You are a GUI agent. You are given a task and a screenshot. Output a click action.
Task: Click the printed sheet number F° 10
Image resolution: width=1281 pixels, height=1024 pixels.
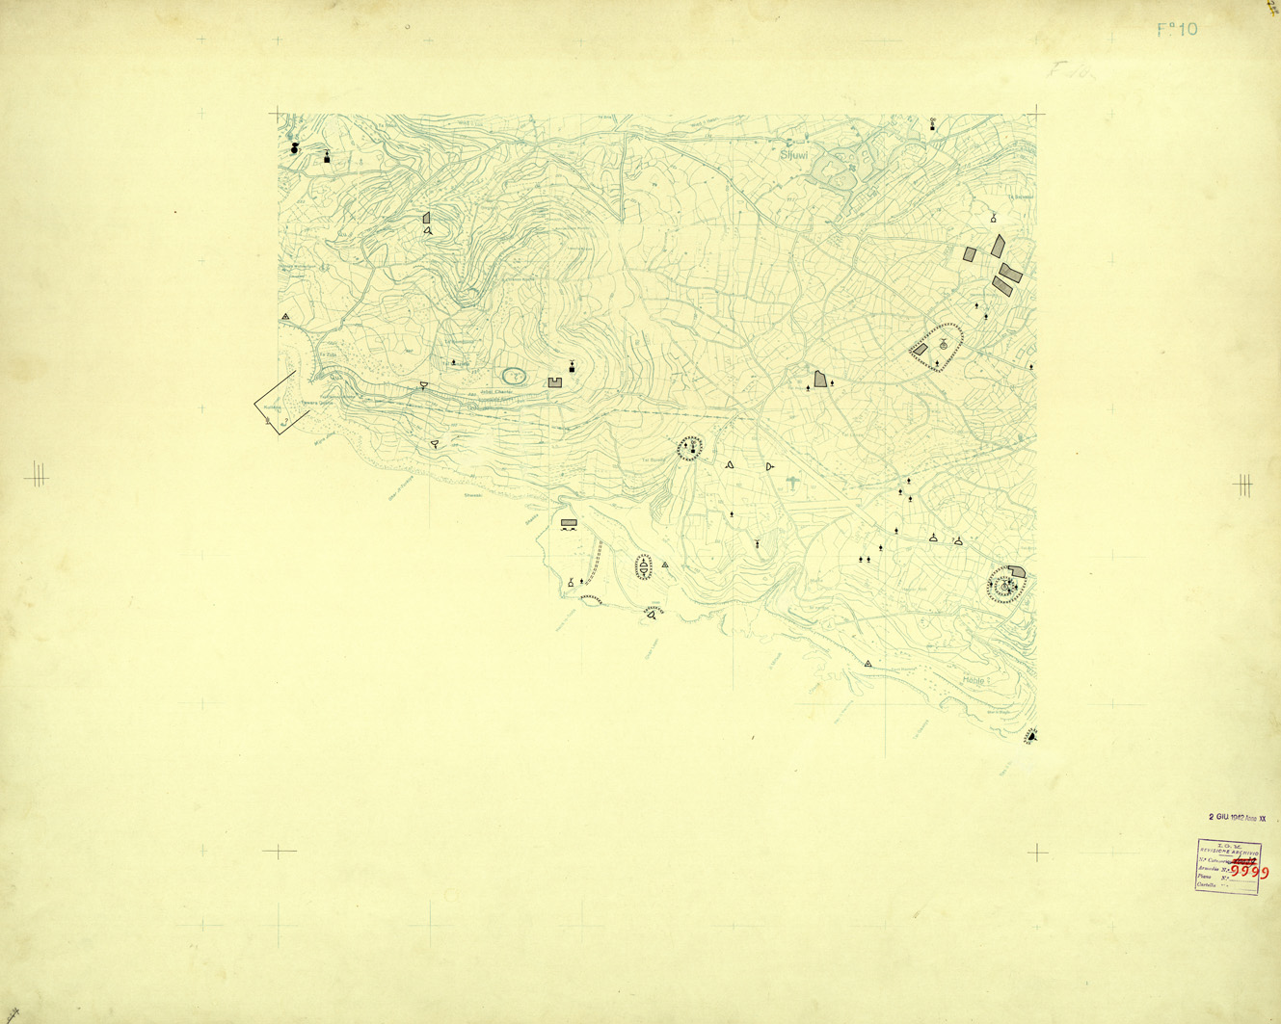click(x=1177, y=30)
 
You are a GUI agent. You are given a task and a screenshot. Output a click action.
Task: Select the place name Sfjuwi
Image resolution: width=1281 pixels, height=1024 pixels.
click(x=794, y=153)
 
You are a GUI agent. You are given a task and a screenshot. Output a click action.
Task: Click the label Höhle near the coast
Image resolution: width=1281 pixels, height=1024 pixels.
click(x=974, y=680)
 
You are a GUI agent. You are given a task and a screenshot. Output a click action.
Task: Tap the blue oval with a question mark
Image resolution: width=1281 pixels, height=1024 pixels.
click(x=515, y=376)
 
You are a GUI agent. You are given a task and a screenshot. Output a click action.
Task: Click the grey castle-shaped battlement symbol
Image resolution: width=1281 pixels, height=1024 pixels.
click(x=555, y=382)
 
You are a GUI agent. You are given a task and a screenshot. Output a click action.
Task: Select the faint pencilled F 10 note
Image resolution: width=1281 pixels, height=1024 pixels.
click(x=1068, y=70)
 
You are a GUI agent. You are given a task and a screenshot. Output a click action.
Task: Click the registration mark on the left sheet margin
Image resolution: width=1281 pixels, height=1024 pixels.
click(x=37, y=474)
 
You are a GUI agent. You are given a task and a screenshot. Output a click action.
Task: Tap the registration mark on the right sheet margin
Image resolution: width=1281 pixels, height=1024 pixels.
click(x=1243, y=485)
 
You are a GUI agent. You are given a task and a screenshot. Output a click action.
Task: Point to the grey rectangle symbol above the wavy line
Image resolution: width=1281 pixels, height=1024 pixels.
click(x=569, y=523)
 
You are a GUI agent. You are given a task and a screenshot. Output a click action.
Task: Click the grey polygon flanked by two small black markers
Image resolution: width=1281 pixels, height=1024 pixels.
click(x=820, y=380)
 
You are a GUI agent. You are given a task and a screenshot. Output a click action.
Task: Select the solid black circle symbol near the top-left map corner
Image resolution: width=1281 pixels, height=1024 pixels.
click(x=295, y=148)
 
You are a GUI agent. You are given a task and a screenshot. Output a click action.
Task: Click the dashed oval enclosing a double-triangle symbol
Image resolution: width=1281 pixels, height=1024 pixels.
click(x=644, y=567)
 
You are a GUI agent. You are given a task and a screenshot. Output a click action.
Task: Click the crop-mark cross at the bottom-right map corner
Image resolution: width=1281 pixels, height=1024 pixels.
click(x=1037, y=852)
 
